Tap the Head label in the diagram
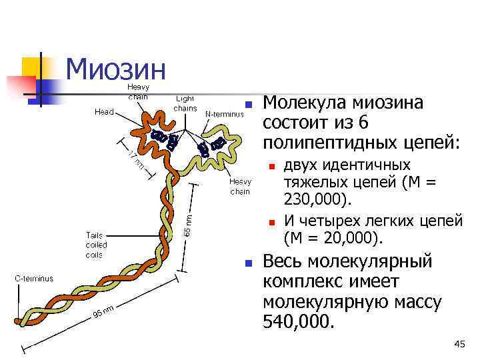pyautogui.click(x=103, y=112)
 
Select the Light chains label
pyautogui.click(x=185, y=103)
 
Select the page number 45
pyautogui.click(x=459, y=343)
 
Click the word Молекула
pyautogui.click(x=303, y=103)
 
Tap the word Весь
pyautogui.click(x=283, y=261)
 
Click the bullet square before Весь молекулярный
pyautogui.click(x=247, y=263)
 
